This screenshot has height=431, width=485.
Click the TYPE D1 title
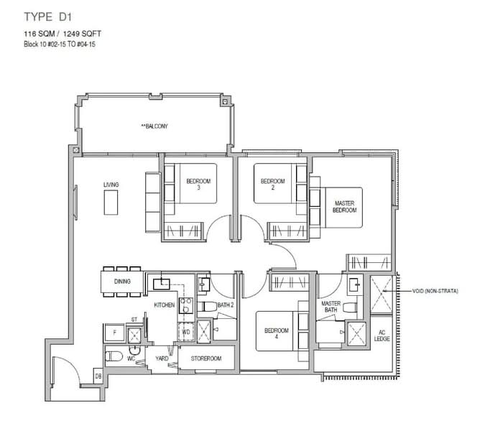click(48, 17)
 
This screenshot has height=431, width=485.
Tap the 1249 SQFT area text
click(82, 34)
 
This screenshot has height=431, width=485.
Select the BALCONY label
click(154, 126)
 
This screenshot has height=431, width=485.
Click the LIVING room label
click(111, 185)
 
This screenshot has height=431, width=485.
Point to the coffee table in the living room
click(111, 203)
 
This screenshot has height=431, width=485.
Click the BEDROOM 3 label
click(198, 184)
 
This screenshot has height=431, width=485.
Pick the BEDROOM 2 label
click(272, 184)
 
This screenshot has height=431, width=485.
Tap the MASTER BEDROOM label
click(344, 207)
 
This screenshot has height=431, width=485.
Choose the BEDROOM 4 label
click(276, 333)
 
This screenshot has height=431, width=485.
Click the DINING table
click(122, 282)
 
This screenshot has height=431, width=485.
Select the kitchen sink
click(162, 284)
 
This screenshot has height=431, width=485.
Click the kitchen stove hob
click(186, 305)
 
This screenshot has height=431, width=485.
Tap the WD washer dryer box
click(186, 332)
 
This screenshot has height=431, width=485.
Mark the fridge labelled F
click(115, 333)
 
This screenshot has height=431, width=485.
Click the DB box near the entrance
click(98, 376)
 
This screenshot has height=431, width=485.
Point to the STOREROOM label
click(206, 358)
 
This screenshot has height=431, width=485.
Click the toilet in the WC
click(114, 356)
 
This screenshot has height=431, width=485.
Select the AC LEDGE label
click(382, 335)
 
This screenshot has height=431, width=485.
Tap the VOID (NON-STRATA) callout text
click(435, 291)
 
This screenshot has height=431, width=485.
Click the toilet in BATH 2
click(208, 307)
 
